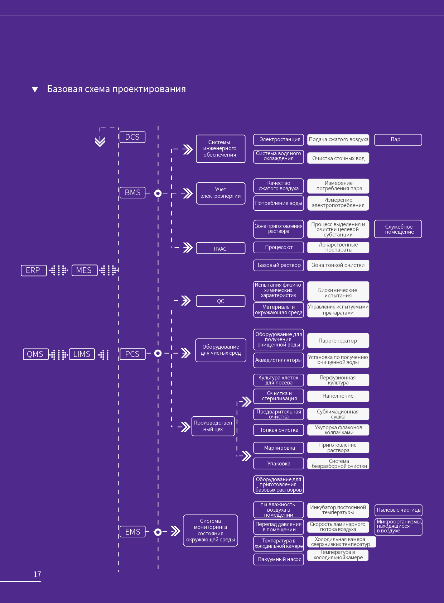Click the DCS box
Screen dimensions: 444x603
tap(132, 137)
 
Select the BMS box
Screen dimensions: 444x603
tap(132, 192)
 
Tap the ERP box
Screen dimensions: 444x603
tap(34, 270)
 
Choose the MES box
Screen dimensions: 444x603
tap(85, 270)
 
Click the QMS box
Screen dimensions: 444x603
tap(36, 354)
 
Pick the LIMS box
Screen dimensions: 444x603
tap(82, 354)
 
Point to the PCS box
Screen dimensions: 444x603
tap(132, 354)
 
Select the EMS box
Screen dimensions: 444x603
tap(132, 532)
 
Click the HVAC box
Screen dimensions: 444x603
tap(221, 248)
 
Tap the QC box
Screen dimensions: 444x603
tap(221, 301)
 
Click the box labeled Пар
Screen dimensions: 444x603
tap(398, 140)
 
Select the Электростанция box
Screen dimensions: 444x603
tap(279, 140)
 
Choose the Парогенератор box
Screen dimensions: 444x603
tap(338, 340)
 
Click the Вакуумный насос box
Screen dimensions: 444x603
tap(279, 559)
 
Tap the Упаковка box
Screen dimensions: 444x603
tap(279, 463)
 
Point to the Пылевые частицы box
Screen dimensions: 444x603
tap(398, 510)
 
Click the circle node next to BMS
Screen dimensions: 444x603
tap(158, 193)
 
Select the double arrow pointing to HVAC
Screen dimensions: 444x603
tap(188, 247)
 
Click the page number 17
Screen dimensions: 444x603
tap(37, 574)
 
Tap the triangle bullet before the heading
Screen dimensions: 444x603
tap(35, 89)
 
